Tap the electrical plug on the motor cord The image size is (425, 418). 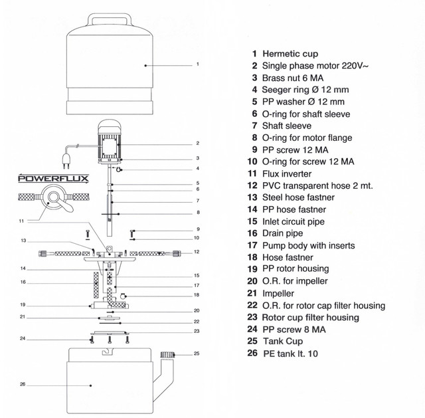coord(66,161)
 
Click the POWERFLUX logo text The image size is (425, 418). coord(53,179)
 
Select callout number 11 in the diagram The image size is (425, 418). coord(21,221)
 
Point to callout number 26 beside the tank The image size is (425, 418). coord(23,384)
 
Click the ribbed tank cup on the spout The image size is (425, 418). coord(167,355)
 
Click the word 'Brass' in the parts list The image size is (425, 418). coord(272,78)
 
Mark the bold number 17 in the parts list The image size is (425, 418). coord(252,245)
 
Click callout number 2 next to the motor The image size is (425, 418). coord(198,144)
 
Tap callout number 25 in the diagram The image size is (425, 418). coord(197,354)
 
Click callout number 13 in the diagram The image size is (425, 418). coord(23,241)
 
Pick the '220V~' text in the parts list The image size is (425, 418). coord(355,66)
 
